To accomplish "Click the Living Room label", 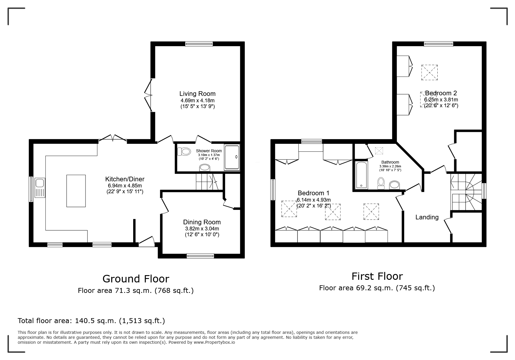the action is tap(197, 94).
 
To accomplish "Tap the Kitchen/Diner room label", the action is tap(125, 179).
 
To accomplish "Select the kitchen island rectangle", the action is tap(76, 191).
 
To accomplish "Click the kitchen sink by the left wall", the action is tap(40, 188).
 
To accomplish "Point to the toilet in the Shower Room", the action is tap(183, 151).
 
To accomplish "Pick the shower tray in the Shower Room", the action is tap(232, 157).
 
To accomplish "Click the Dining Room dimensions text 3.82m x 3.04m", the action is tap(202, 229).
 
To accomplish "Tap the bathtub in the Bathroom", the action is tap(361, 175).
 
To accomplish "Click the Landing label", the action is tap(427, 217).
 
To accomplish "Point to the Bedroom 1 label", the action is tap(313, 193).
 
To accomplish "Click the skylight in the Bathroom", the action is tap(379, 151).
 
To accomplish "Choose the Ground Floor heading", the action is tap(136, 279).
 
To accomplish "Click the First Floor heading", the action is tap(377, 276).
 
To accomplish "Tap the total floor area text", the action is tap(91, 321).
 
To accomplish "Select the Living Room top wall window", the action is tap(199, 44).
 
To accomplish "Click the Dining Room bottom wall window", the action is tap(200, 256).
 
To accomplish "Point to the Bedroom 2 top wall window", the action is tap(439, 44).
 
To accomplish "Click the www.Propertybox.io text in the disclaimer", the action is tap(214, 342).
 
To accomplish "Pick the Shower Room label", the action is tap(209, 151).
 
